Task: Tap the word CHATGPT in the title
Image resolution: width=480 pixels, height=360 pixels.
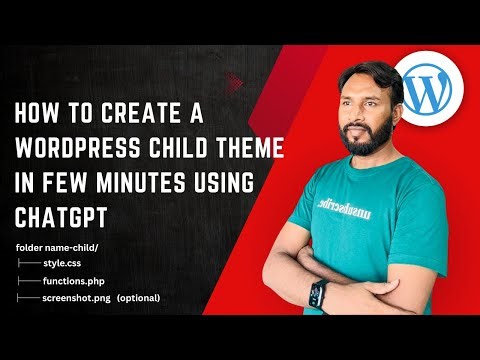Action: tap(59, 215)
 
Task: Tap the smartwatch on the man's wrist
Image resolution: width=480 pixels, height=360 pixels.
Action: tap(317, 294)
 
